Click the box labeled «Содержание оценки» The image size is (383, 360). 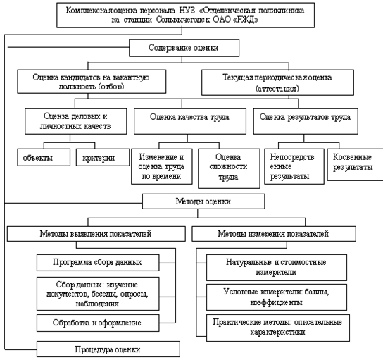[184, 48]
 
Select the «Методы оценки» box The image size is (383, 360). [203, 201]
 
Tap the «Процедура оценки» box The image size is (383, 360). [108, 349]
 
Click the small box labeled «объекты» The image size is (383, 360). [44, 157]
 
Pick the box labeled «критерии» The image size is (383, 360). [103, 157]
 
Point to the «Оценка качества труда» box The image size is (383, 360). [190, 121]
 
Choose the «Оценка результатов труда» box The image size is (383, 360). [306, 121]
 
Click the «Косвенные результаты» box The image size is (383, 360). [355, 164]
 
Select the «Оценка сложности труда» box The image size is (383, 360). [229, 168]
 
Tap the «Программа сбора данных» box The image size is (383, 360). [98, 263]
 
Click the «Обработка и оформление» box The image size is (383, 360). [98, 323]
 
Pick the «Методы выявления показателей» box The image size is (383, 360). [96, 234]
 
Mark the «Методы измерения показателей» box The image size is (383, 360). [274, 234]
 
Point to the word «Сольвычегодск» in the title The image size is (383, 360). [183, 20]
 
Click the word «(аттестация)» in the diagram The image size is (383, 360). [277, 88]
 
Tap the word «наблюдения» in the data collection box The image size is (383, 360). [97, 304]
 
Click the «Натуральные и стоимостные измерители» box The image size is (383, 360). [277, 268]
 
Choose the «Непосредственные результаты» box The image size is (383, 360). [294, 166]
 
